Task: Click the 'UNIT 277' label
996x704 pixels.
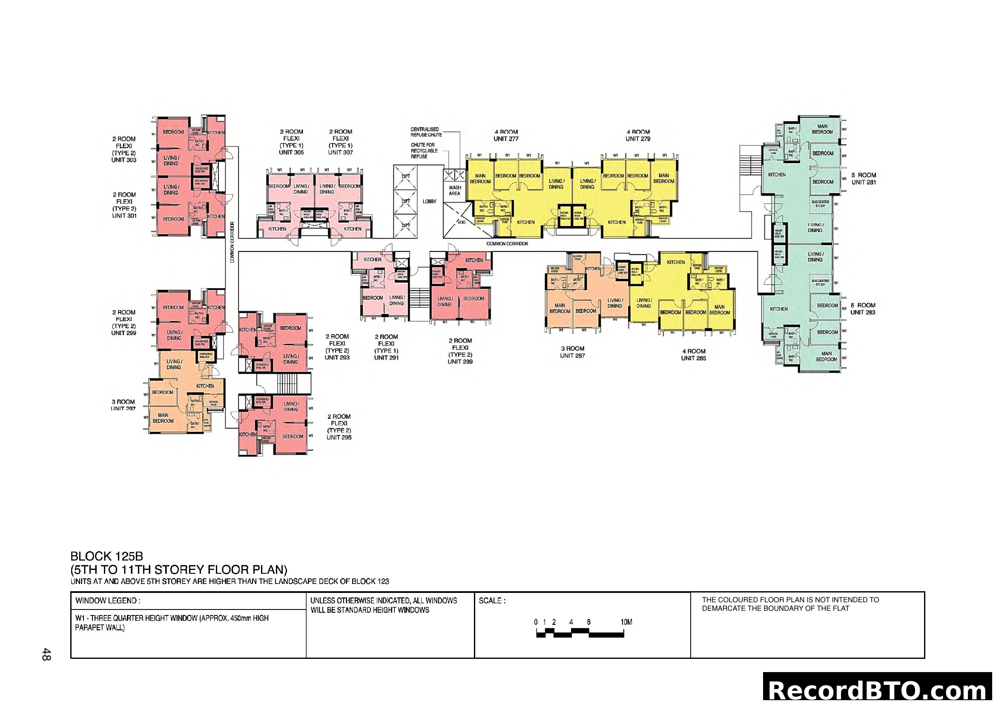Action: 506,139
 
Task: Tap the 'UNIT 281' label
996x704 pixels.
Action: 863,183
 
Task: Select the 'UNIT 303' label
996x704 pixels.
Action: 124,160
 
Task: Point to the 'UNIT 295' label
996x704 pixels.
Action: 339,438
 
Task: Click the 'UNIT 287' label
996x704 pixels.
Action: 572,355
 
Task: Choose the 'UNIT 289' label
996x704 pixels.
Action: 460,361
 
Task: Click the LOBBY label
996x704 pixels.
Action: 429,202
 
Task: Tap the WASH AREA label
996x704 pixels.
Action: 455,191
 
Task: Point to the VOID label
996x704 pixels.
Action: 461,222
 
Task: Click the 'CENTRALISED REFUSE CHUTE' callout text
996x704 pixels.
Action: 426,132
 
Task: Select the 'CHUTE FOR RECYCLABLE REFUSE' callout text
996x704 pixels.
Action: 424,151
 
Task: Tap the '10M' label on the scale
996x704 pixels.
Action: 626,623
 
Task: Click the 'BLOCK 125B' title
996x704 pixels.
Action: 107,556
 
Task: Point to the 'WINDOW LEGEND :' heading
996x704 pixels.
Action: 108,601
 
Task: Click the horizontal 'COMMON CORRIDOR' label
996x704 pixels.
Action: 507,244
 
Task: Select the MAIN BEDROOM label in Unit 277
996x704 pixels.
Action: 480,179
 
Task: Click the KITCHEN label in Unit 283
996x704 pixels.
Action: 778,309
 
